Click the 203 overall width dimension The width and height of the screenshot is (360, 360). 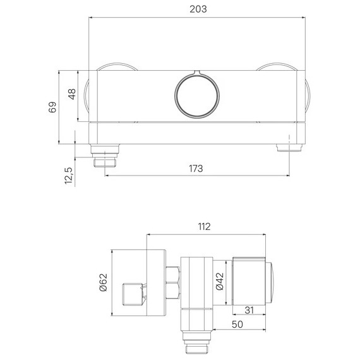point(198,9)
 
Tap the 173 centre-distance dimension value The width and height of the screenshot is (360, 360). point(196,169)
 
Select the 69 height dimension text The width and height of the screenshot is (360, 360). point(52,107)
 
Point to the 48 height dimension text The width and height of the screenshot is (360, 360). point(72,94)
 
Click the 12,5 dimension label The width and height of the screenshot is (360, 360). point(69,176)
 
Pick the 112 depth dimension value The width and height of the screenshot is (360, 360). point(204,227)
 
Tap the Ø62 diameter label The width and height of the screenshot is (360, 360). point(104,282)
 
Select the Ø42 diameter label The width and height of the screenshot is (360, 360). point(220,281)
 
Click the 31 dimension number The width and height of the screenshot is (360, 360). point(249,310)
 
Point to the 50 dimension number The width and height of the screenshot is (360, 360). point(237,325)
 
